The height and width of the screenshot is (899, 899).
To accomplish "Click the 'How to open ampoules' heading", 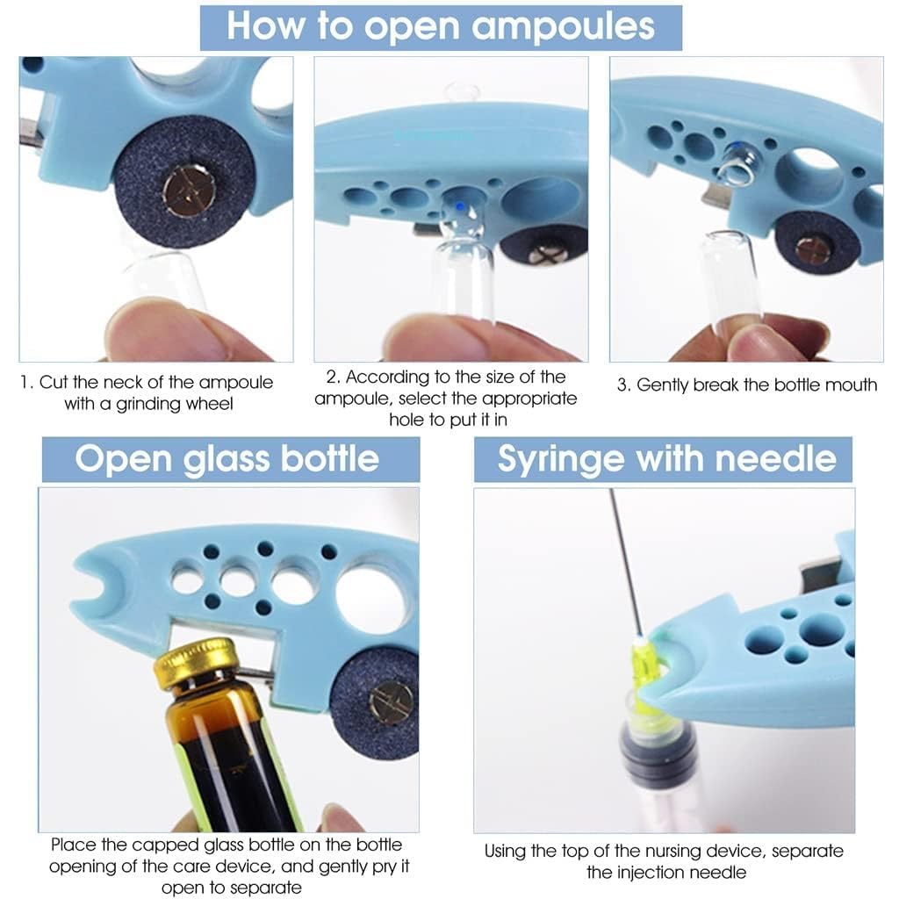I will [x=441, y=26].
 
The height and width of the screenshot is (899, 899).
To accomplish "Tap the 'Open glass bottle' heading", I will [x=227, y=459].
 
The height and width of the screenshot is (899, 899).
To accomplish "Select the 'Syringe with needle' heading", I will [x=666, y=459].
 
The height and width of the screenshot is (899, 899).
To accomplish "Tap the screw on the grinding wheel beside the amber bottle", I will [x=391, y=702].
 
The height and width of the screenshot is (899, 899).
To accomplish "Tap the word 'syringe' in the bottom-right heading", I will [x=551, y=459].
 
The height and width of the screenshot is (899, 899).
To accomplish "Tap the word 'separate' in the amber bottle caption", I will [x=262, y=888].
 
